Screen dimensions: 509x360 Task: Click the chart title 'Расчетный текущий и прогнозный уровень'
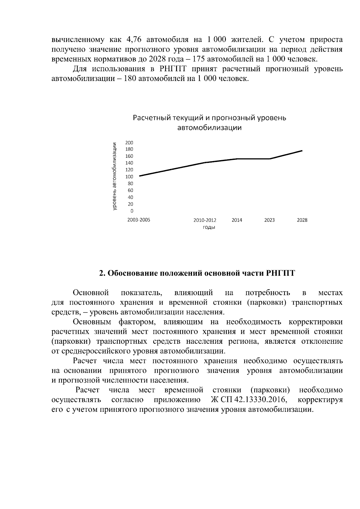click(209, 118)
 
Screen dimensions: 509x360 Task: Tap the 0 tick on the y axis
click(131, 211)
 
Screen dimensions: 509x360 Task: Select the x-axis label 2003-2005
click(139, 220)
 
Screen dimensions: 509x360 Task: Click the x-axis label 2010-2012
click(205, 220)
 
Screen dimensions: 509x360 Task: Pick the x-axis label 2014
click(237, 220)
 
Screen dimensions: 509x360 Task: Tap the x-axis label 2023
click(269, 220)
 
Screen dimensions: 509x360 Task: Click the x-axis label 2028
click(302, 220)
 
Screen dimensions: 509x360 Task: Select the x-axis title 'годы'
click(209, 227)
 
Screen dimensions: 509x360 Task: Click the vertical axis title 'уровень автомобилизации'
click(114, 177)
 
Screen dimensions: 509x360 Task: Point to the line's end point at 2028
click(302, 151)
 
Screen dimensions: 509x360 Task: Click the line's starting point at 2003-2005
click(139, 176)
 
